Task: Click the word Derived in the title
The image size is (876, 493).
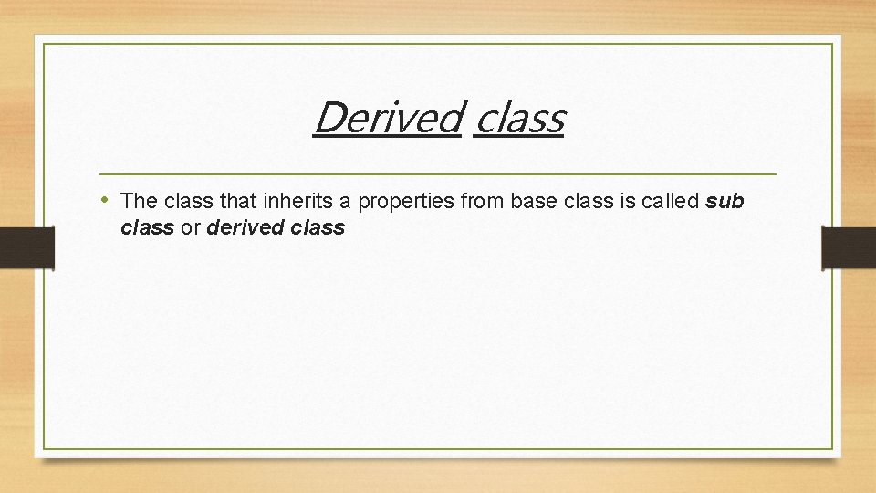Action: tap(387, 118)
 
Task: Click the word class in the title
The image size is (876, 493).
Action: tap(519, 118)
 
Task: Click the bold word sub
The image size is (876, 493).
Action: tap(725, 200)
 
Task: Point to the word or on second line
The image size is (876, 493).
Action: tap(190, 228)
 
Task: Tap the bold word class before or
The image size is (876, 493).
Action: tap(147, 228)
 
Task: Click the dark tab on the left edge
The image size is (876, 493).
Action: tap(26, 248)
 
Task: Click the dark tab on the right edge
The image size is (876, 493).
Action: tap(849, 248)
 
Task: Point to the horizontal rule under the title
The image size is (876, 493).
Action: tap(438, 173)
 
